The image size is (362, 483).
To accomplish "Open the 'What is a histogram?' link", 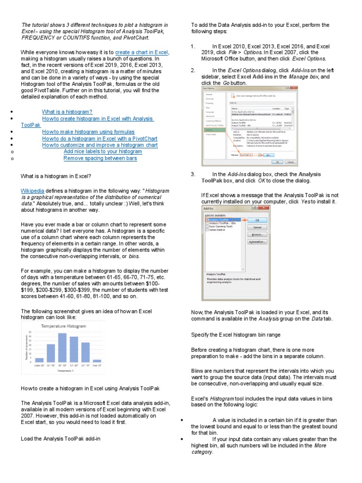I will (x=67, y=112).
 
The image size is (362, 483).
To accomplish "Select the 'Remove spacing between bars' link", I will (x=100, y=158).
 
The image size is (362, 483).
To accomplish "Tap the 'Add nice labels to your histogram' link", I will (x=103, y=152).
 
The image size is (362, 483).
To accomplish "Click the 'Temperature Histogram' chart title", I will (x=63, y=326).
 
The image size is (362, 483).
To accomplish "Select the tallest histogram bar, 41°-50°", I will (x=62, y=346).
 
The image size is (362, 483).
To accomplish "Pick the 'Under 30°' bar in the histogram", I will (x=40, y=359).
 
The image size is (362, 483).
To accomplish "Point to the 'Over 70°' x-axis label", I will (x=97, y=365).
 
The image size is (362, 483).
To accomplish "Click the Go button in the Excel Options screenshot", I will (x=268, y=154).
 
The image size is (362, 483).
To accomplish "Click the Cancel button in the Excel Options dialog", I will (x=290, y=162).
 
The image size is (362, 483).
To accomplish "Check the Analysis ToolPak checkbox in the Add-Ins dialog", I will (x=206, y=220).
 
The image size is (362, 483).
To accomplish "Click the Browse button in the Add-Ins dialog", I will (x=257, y=234).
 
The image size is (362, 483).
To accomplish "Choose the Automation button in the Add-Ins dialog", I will (x=257, y=241).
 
